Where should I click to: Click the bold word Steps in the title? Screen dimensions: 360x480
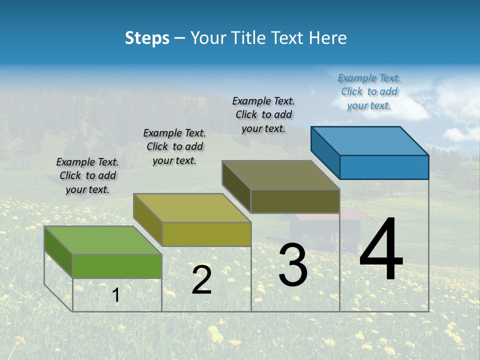click(x=146, y=38)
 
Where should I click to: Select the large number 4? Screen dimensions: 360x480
click(x=381, y=250)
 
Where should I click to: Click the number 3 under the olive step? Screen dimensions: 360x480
click(x=293, y=265)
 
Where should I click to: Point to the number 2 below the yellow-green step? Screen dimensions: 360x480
click(x=201, y=280)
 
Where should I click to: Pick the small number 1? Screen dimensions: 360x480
click(x=116, y=295)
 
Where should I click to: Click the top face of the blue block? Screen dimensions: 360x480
click(x=369, y=141)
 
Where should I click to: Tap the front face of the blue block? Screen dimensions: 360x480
click(x=384, y=167)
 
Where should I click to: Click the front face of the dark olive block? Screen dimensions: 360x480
click(x=295, y=201)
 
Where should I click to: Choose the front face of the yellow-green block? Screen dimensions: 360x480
click(x=206, y=234)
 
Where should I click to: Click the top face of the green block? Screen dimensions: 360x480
click(x=102, y=240)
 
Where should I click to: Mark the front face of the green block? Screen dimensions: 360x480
click(x=117, y=266)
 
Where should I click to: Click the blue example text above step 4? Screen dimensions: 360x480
click(x=369, y=91)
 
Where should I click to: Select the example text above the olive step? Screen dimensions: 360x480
click(x=263, y=114)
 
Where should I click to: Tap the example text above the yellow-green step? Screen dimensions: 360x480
click(x=174, y=146)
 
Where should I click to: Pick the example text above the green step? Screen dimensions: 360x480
click(x=87, y=175)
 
